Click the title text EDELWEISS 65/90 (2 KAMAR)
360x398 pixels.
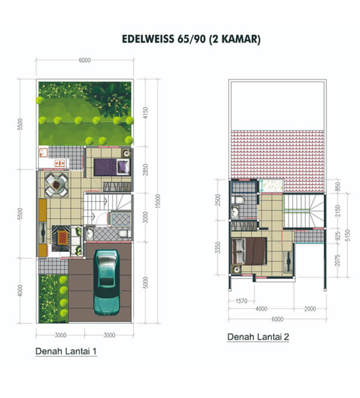191,39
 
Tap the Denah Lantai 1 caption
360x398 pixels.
66,351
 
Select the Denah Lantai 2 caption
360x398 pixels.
258,337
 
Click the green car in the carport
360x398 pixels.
107,282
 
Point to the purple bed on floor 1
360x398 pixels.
112,167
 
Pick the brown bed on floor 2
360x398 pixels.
250,251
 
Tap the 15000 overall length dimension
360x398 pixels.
158,201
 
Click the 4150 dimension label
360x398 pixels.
145,113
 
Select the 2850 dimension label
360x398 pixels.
145,171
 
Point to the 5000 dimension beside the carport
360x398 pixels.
145,282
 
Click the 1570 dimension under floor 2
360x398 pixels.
241,301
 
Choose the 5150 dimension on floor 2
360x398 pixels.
348,235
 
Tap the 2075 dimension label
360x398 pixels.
337,260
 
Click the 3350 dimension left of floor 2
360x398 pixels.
218,248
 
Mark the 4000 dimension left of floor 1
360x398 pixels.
20,290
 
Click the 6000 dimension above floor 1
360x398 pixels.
85,60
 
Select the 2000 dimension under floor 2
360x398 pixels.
310,309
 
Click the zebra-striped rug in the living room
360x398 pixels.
61,238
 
